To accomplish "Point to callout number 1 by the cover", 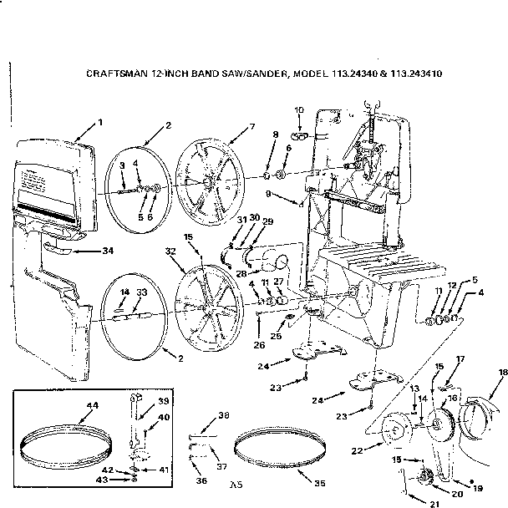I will (100, 123).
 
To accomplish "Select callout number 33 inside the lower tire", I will (142, 292).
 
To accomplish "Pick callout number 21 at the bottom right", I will (434, 505).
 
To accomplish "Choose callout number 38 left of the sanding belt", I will (223, 416).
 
